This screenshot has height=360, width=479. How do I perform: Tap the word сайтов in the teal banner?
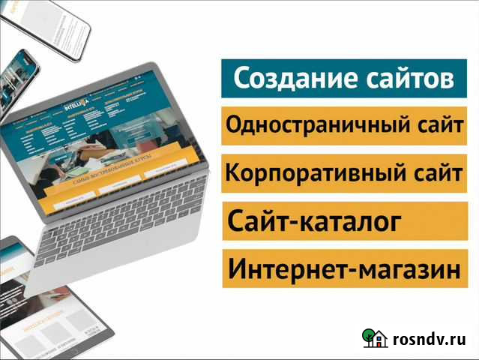click(x=404, y=79)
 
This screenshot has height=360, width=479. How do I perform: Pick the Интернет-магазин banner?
click(x=343, y=269)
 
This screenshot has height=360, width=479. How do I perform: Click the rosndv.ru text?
click(x=430, y=340)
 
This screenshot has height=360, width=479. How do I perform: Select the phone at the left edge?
click(x=15, y=82)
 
